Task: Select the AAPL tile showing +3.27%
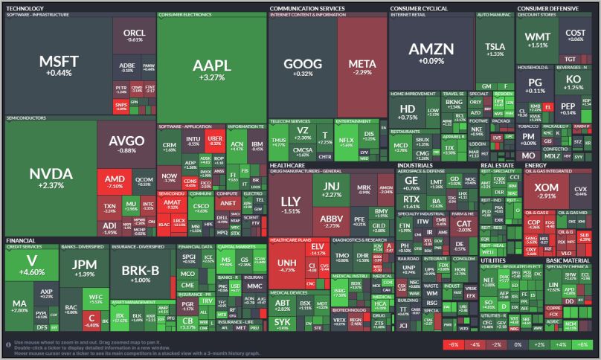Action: coord(211,68)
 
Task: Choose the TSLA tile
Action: coord(495,49)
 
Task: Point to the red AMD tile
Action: coord(115,183)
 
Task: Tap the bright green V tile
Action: coord(32,265)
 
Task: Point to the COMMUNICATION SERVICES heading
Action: coord(307,9)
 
